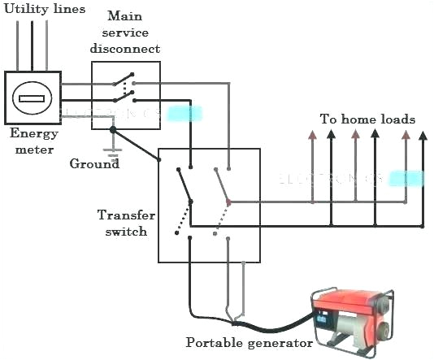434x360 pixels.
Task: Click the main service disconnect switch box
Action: (x=125, y=90)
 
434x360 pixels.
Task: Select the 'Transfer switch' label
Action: (x=123, y=223)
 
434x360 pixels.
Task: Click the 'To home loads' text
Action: (x=367, y=119)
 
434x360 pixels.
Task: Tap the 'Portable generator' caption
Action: (x=250, y=343)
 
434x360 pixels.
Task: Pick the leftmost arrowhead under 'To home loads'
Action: (x=311, y=136)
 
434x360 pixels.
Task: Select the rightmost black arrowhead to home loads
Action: (x=423, y=136)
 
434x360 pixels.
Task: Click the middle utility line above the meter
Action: (x=32, y=45)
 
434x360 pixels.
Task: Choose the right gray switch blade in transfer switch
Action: (x=221, y=185)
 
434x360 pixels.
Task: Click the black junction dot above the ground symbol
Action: (x=115, y=129)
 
